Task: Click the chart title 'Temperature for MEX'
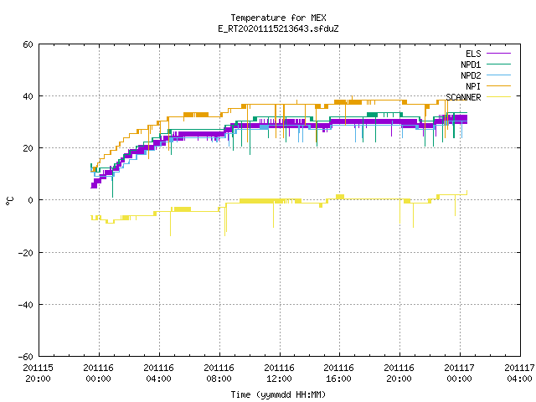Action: click(278, 18)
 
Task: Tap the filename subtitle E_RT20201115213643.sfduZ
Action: click(278, 28)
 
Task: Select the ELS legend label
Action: click(473, 54)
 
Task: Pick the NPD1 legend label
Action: click(471, 64)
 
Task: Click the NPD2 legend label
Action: click(471, 75)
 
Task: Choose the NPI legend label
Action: click(473, 86)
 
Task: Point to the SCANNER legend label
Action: click(463, 97)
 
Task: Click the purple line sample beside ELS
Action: click(498, 54)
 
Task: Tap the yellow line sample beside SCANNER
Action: click(498, 97)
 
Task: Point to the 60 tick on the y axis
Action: click(28, 44)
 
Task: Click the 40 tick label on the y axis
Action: click(28, 96)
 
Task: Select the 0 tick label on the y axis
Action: click(31, 200)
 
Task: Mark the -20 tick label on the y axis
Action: click(26, 253)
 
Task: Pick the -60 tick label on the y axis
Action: click(26, 357)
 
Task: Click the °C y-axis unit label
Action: click(9, 201)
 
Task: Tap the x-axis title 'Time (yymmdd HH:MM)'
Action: click(278, 394)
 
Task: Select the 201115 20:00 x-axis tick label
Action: click(39, 374)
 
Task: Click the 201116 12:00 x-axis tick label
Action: click(279, 374)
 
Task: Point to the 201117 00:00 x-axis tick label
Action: click(460, 374)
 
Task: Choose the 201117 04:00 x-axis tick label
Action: click(519, 374)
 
